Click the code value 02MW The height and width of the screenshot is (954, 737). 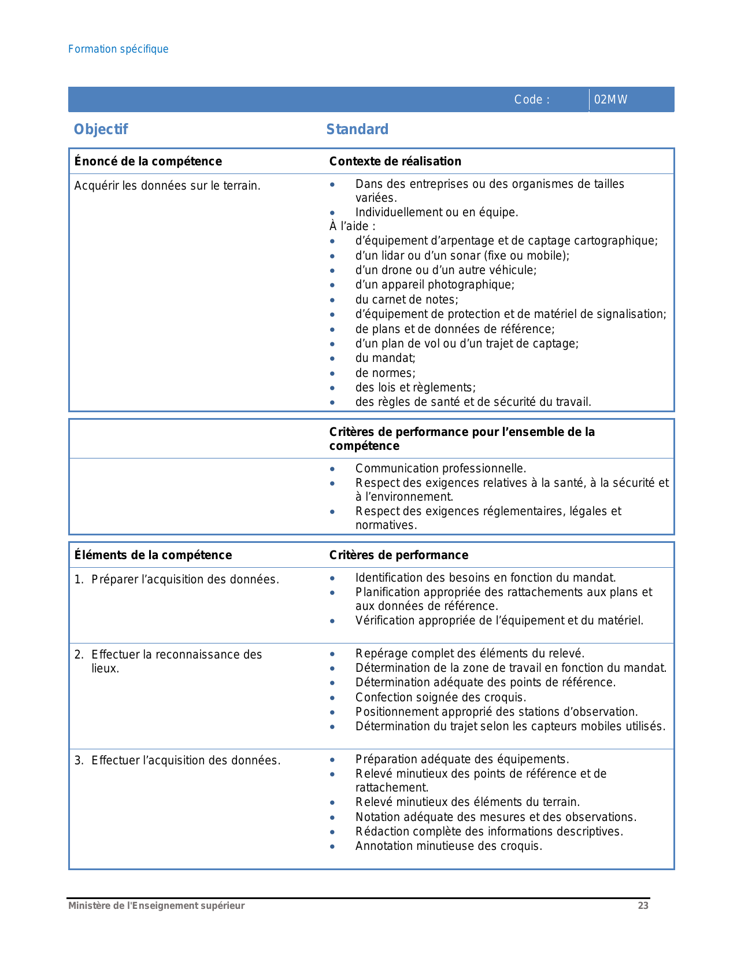point(610,99)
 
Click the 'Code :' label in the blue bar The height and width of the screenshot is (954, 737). point(531,99)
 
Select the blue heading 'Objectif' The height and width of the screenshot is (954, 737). point(101,129)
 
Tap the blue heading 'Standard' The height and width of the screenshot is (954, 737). point(357,129)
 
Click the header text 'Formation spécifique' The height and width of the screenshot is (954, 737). point(118,49)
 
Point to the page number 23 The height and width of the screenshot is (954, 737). point(643,905)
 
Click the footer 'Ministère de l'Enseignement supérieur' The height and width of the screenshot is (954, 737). point(156,905)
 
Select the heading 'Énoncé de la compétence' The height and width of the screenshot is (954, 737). point(148,161)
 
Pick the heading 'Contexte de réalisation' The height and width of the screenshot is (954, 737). point(395,161)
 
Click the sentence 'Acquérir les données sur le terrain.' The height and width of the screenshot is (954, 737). point(167,186)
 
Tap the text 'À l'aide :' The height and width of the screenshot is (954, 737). point(352,226)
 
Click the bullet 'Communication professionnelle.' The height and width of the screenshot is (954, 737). point(440,468)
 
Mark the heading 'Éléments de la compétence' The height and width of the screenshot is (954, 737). point(153,555)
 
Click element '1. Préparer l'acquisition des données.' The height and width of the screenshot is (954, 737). point(176,579)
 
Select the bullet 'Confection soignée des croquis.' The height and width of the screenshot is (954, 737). point(440,697)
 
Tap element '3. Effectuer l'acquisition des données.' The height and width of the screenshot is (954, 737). point(177,760)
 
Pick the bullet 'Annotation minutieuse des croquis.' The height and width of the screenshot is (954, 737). point(449,846)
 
